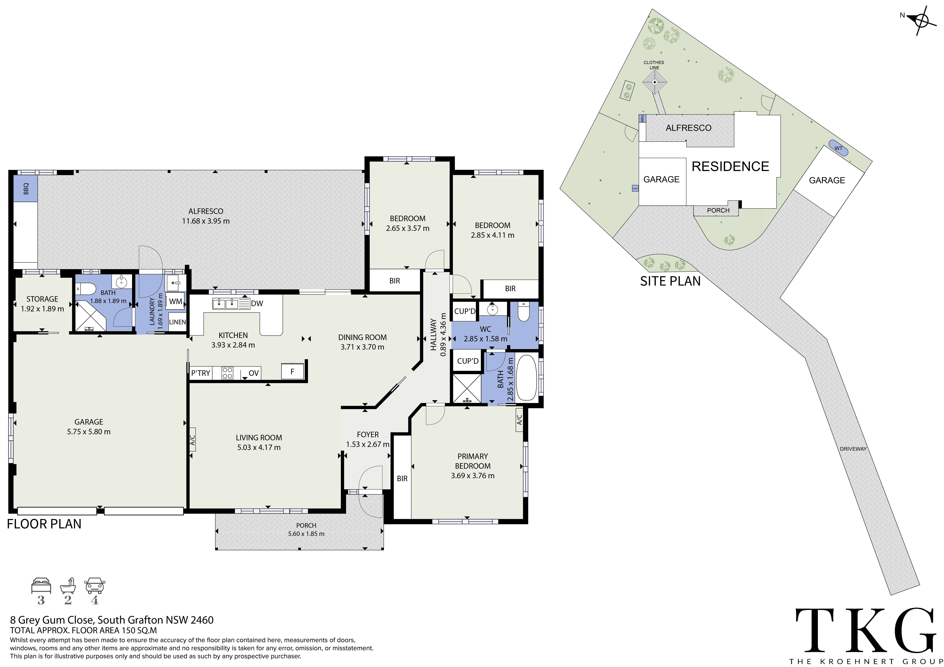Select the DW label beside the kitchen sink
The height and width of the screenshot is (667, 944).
[257, 304]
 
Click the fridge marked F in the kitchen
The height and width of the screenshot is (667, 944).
[292, 371]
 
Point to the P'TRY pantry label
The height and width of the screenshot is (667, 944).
[201, 373]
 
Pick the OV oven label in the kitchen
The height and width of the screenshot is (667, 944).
[254, 373]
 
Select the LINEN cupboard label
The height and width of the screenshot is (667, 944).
[177, 322]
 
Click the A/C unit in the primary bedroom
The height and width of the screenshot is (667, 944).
[519, 420]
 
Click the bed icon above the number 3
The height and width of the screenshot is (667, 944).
[41, 586]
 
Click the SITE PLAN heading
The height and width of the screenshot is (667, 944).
[670, 281]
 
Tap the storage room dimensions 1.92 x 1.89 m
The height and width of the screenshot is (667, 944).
[42, 309]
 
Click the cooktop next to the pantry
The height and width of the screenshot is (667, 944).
[227, 373]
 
